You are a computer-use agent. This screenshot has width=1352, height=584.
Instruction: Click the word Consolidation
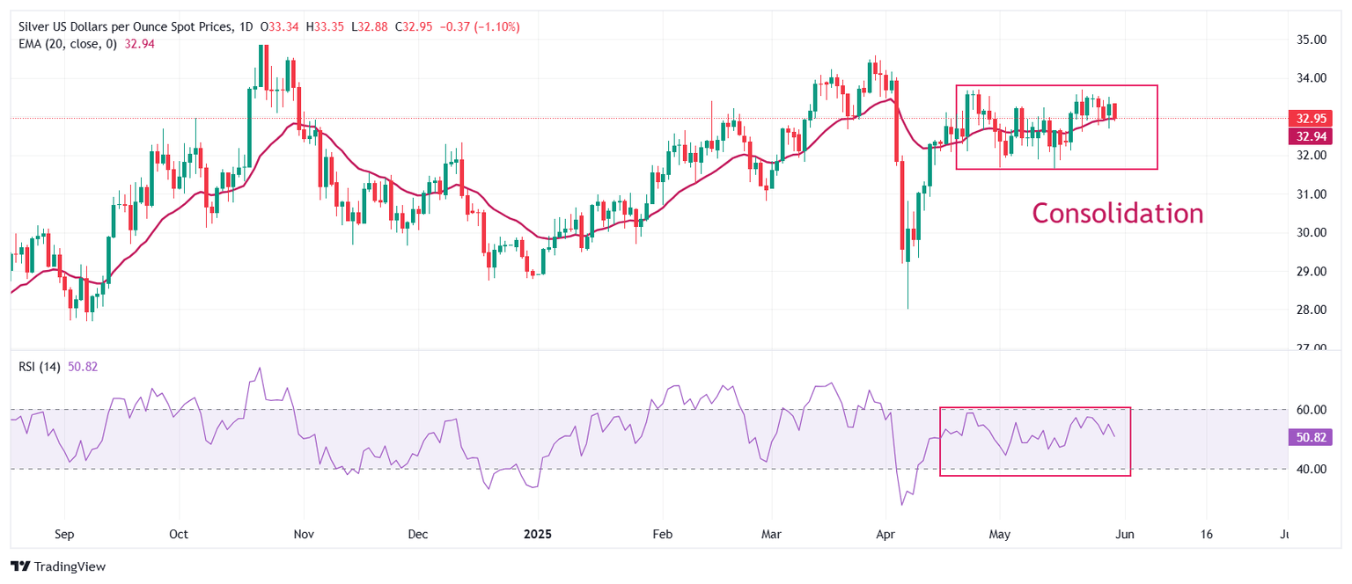[1117, 214]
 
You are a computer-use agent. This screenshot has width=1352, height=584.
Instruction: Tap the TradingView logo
[58, 566]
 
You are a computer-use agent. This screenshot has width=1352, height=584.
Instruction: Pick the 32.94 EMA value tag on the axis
[1309, 135]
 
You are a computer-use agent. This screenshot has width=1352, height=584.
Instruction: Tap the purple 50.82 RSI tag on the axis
[1309, 436]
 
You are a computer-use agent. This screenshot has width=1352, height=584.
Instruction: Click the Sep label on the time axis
[64, 534]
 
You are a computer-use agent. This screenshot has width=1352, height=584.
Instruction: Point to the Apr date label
[883, 534]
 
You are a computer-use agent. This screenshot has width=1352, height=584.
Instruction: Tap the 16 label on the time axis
[1206, 534]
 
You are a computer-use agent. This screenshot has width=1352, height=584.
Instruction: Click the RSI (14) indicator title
[40, 367]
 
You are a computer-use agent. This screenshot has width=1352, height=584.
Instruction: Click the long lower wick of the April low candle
[907, 286]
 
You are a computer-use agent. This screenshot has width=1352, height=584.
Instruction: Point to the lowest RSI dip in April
[902, 504]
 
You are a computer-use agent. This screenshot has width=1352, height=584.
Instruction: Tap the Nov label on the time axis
[303, 534]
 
